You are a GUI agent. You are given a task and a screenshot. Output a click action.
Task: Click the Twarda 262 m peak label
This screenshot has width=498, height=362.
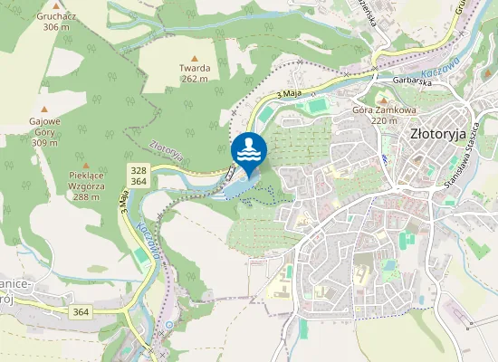194,72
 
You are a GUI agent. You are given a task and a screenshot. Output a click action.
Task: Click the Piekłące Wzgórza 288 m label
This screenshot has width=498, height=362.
87,184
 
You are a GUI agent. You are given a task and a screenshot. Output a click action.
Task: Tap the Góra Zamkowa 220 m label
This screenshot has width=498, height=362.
384,114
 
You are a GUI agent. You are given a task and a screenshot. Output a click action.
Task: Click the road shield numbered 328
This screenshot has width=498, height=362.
139,170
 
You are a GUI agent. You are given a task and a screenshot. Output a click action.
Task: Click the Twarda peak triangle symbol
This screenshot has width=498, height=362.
194,59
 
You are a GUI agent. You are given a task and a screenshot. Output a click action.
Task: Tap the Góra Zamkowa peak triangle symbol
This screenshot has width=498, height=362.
383,100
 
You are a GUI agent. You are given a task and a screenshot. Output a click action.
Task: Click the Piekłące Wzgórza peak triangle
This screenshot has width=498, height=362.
87,165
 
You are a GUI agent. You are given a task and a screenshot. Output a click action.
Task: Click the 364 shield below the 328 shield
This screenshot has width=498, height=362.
139,182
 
